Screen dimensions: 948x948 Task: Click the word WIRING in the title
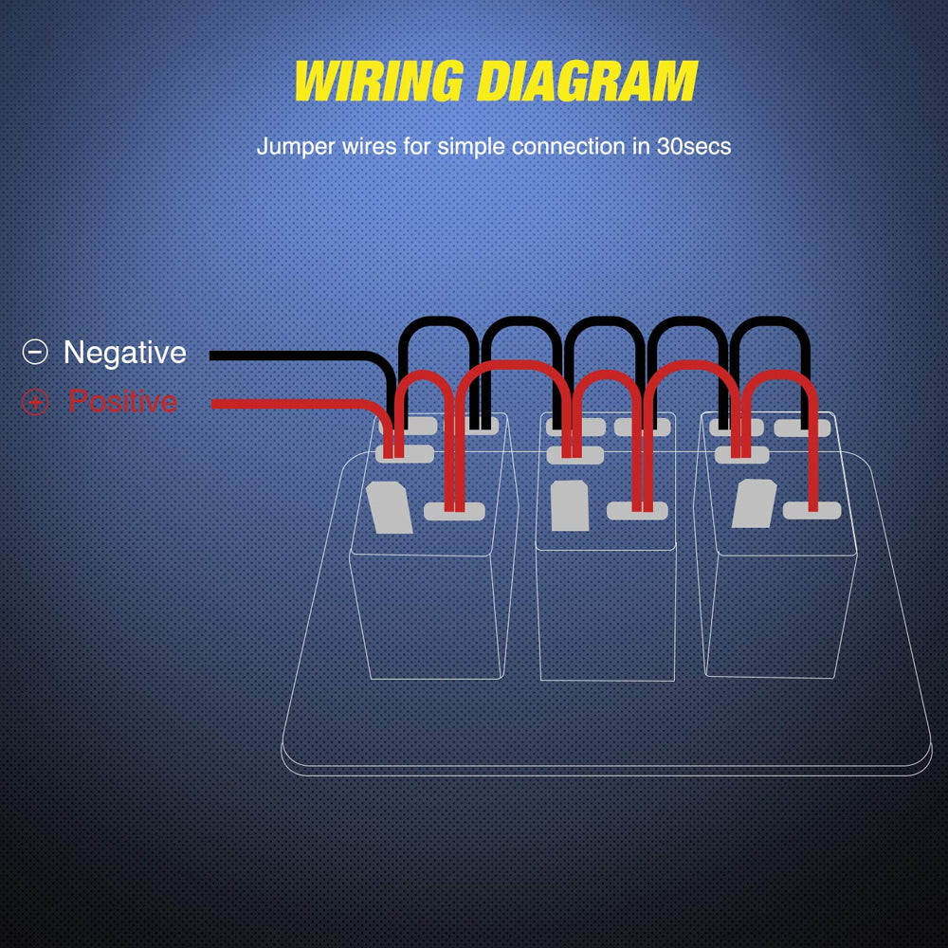pos(377,82)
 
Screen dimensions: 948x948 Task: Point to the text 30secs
pos(693,148)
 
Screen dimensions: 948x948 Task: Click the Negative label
pos(124,353)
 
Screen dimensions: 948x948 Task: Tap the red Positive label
pos(122,402)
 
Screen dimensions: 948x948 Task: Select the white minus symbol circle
pos(34,353)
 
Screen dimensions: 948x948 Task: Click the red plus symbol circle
pos(34,403)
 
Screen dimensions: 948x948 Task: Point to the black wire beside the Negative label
pos(284,355)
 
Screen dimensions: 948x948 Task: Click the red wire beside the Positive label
pos(284,405)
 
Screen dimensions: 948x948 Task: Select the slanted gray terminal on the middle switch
pos(569,506)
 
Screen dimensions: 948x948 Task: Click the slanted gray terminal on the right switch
pos(755,503)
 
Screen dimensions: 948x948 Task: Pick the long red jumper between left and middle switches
pos(517,364)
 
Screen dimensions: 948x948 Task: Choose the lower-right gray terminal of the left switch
pos(454,512)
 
